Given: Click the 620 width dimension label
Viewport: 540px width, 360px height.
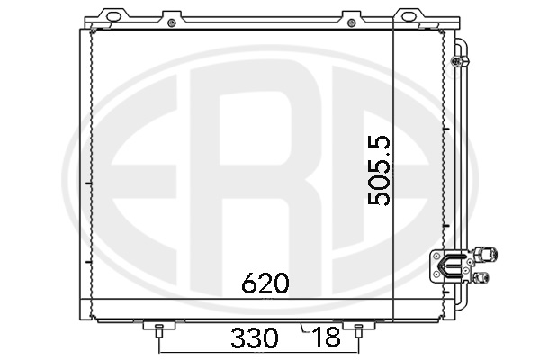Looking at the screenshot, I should tap(265, 283).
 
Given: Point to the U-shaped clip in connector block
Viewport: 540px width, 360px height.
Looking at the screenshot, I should tap(449, 265).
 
